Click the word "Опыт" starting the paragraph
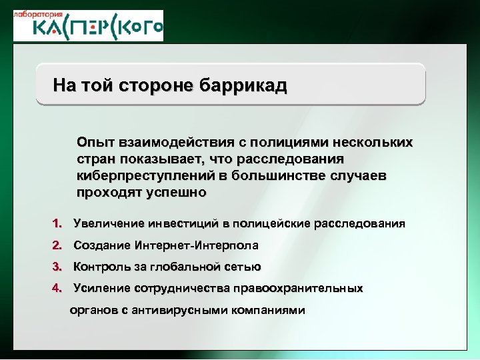coord(95,143)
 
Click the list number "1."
coord(58,223)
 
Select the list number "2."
coord(58,245)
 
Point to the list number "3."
coord(58,267)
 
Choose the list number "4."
coord(58,288)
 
